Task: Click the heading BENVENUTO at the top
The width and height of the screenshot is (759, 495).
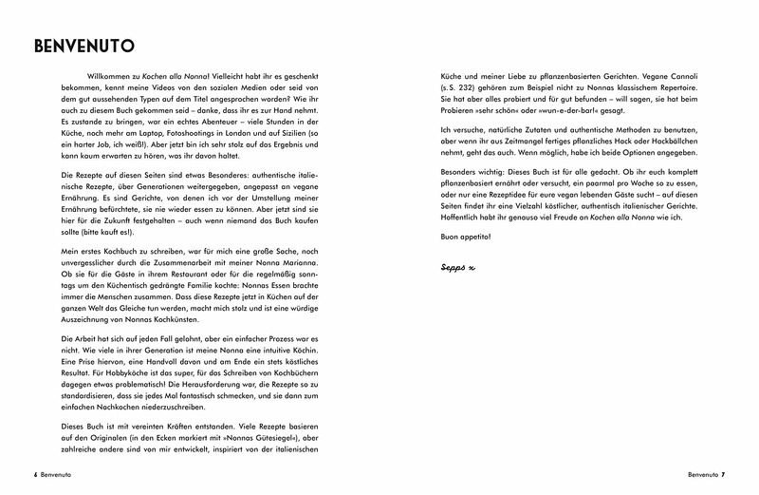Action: [x=83, y=45]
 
